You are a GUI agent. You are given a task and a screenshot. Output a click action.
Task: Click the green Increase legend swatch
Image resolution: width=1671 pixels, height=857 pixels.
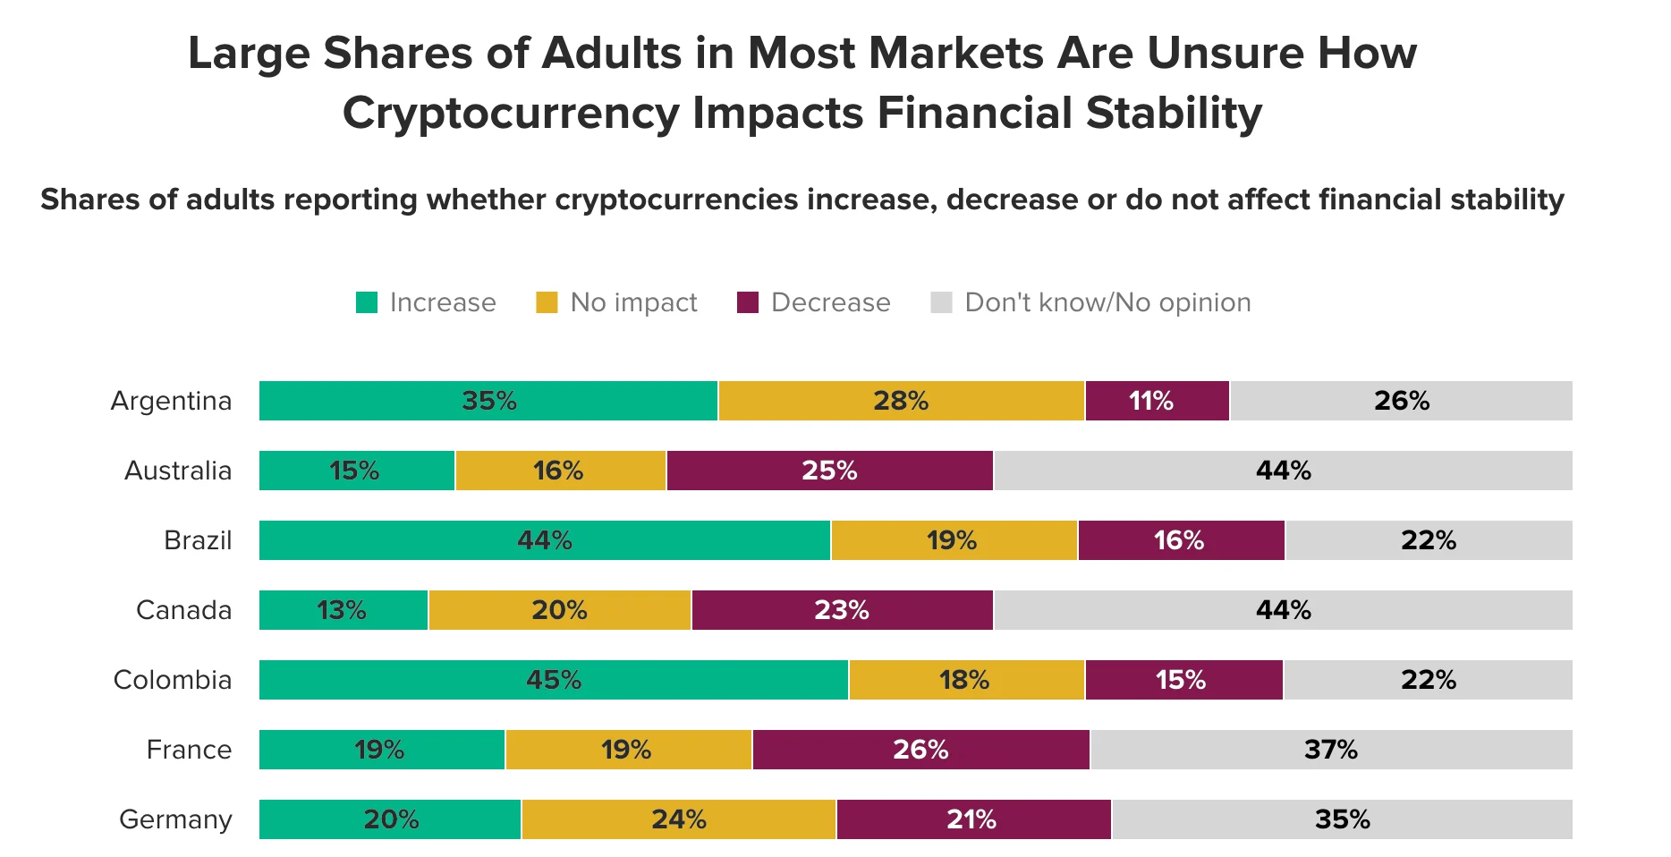click(367, 302)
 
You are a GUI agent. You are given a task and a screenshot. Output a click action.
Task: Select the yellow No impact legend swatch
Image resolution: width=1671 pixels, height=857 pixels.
click(547, 302)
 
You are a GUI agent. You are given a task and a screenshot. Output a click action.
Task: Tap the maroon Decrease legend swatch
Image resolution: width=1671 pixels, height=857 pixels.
click(748, 302)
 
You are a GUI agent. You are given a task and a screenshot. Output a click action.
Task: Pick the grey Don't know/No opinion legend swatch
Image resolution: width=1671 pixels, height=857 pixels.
click(941, 302)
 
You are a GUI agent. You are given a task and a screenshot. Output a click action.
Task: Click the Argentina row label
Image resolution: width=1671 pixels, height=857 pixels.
click(171, 401)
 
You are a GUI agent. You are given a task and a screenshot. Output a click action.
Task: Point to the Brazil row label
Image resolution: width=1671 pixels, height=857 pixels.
click(198, 540)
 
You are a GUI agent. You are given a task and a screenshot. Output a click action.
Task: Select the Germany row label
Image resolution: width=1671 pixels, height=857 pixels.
click(175, 819)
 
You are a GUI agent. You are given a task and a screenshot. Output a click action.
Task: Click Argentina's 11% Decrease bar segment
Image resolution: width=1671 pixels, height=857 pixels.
click(1157, 401)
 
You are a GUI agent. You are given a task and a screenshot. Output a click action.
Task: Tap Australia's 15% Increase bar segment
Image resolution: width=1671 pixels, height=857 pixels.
click(357, 471)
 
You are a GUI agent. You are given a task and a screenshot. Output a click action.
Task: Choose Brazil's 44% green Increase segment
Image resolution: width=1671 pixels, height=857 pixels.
click(545, 540)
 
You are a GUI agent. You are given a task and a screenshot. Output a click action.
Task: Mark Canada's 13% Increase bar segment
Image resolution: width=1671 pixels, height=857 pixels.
click(344, 610)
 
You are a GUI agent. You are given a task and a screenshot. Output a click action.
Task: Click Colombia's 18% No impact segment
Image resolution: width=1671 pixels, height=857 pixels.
click(966, 680)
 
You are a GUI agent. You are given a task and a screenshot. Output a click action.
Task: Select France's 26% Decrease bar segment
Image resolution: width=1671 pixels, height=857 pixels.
click(920, 750)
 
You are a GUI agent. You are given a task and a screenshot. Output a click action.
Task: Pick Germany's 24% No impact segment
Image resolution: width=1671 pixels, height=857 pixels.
click(678, 819)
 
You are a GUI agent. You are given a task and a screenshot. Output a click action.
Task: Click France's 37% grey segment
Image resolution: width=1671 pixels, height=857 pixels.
click(1331, 750)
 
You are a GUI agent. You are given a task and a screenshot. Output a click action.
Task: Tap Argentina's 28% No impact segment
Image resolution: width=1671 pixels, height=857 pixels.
click(901, 401)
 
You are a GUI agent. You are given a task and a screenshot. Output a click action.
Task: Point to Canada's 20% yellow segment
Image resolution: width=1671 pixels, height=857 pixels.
click(559, 610)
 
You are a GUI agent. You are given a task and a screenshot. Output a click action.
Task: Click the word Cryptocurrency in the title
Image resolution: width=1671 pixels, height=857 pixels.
click(511, 114)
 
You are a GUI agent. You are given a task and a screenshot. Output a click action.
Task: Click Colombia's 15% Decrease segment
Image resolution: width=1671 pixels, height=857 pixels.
click(1183, 680)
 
